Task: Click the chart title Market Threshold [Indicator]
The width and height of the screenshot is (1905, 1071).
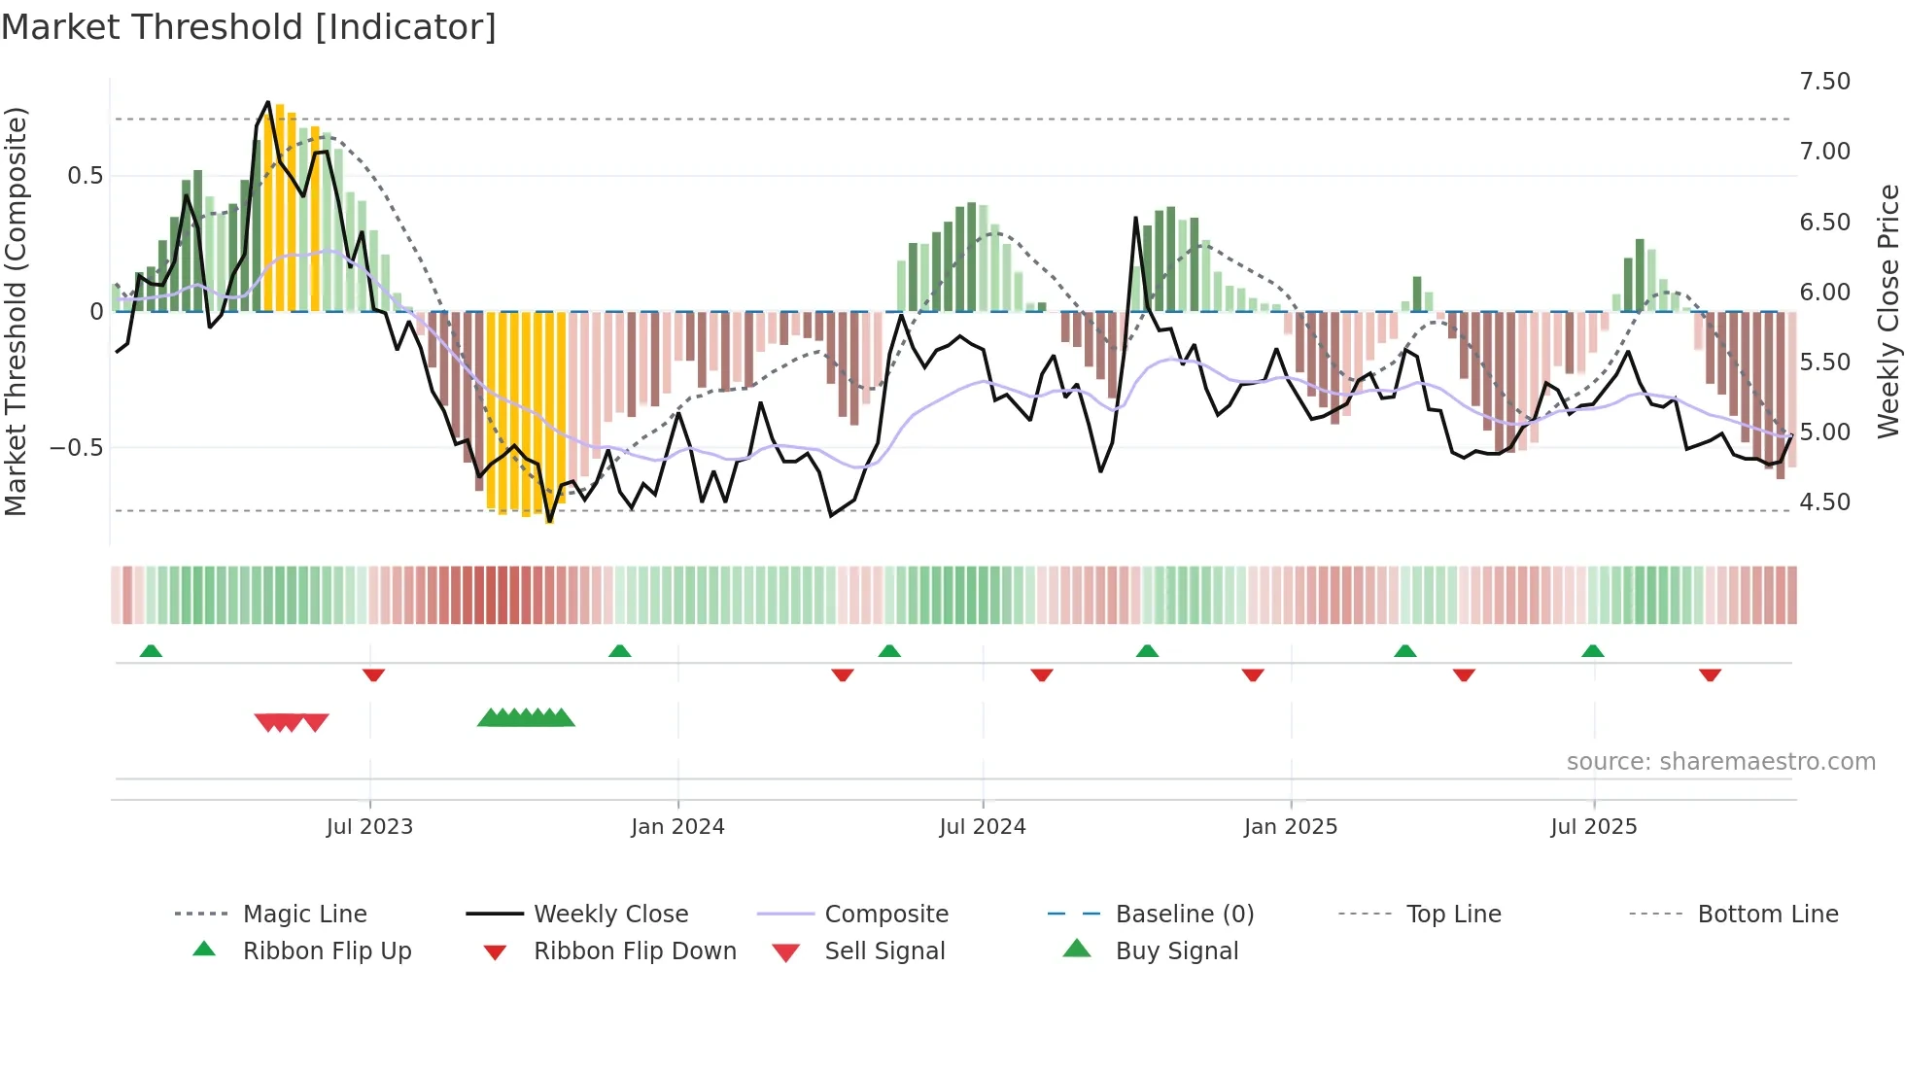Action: click(249, 27)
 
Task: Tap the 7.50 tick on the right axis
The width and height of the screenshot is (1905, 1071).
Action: click(1824, 82)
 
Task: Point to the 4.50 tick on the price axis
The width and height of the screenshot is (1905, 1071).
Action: click(1824, 502)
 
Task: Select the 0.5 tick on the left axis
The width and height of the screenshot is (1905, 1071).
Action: click(85, 176)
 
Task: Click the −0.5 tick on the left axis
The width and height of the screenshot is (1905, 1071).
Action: click(77, 448)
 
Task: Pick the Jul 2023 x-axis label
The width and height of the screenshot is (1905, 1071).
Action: click(369, 827)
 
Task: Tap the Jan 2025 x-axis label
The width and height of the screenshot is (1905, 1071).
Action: click(1290, 827)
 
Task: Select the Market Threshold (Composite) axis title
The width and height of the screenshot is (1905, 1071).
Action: click(16, 311)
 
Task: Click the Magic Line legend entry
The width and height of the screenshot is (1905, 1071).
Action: click(304, 915)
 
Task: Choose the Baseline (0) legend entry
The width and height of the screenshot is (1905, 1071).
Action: click(1184, 915)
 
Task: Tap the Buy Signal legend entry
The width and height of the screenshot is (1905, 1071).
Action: click(1176, 951)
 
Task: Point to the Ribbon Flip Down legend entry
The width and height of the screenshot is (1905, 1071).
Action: click(634, 951)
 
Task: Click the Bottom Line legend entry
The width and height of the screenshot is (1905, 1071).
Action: click(1767, 915)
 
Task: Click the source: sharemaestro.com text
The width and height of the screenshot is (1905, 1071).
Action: click(1720, 762)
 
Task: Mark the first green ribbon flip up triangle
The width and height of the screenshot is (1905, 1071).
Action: click(151, 651)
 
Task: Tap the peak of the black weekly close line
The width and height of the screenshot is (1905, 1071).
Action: click(268, 102)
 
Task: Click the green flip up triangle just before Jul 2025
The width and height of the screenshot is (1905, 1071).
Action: click(1592, 651)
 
